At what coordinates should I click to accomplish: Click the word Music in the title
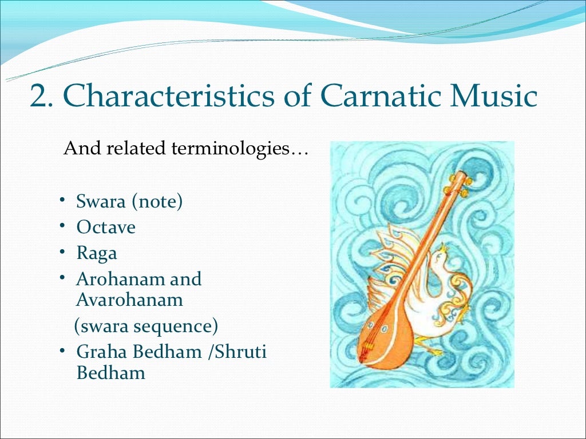pos(493,98)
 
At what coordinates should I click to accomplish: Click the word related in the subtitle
pos(140,149)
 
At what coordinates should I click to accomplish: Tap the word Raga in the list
pos(97,253)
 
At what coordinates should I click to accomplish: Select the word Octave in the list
pos(106,228)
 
